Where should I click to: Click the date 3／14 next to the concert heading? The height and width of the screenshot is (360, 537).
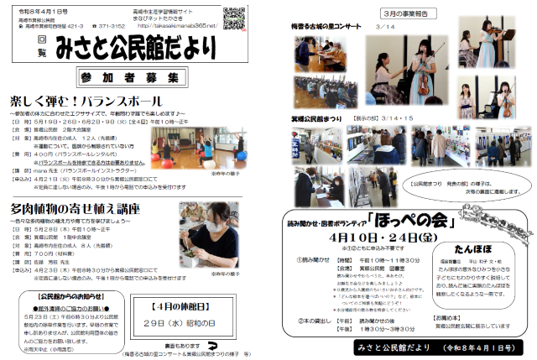(x=387, y=28)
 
